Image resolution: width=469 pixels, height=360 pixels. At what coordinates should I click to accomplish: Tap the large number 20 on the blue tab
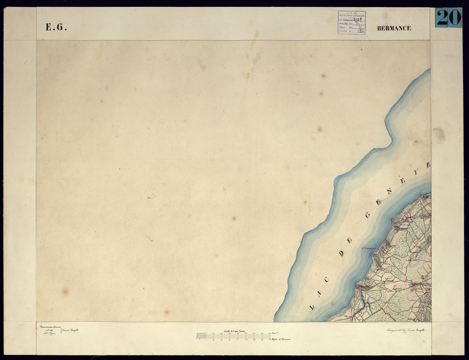pos(448,18)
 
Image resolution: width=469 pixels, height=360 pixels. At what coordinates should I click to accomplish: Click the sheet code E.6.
pos(56,28)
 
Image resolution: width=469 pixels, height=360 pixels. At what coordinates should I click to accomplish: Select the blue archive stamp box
pos(351,23)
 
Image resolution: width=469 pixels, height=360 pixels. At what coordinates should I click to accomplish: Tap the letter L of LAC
pos(312,307)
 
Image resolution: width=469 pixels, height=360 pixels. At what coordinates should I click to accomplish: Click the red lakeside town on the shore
pos(359,288)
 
